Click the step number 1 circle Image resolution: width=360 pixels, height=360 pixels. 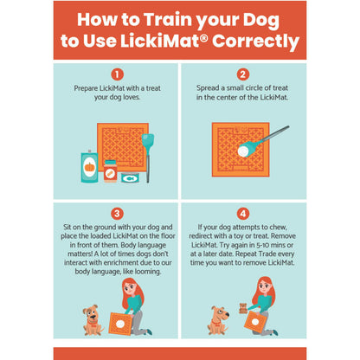pos(117,74)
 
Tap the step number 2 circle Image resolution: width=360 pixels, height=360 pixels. pos(243,74)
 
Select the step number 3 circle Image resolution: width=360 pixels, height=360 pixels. pos(117,214)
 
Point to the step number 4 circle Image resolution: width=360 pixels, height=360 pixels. pos(243,214)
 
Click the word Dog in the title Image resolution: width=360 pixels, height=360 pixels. pos(261,20)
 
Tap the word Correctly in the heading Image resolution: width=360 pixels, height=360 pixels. pos(255,42)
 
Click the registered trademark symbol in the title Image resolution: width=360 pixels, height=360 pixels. pos(203,37)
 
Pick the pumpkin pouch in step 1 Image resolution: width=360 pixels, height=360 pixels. pos(89,167)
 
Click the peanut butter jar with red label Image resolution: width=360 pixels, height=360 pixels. pos(110,171)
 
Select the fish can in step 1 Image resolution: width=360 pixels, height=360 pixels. pos(130,177)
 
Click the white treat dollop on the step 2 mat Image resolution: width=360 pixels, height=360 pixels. pos(243,151)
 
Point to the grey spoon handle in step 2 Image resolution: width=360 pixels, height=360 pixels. pos(274,133)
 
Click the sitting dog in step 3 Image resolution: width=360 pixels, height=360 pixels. pos(93,320)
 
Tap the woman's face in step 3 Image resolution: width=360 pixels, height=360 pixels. pos(130,287)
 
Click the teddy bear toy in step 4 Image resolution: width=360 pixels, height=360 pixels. pos(243,308)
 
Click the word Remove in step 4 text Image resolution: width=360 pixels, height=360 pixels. pos(283,236)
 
